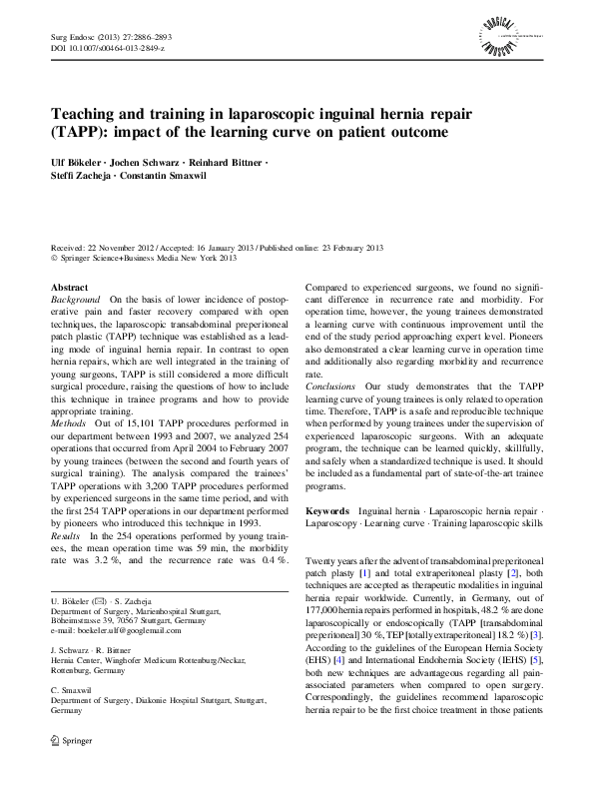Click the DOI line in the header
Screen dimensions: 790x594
[108, 47]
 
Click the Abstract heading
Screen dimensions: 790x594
[69, 287]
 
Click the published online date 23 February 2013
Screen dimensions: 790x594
[317, 246]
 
